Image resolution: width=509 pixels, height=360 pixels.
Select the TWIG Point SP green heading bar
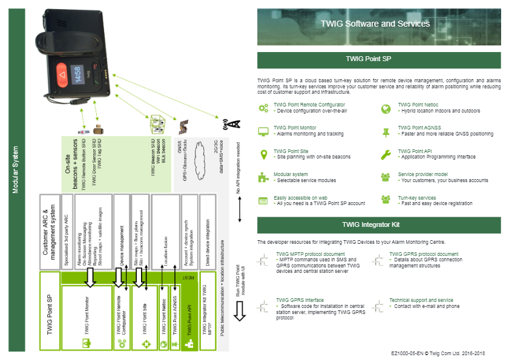379,60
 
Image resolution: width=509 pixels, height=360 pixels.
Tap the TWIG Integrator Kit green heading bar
379,224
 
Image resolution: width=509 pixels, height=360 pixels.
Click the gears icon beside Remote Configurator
263,108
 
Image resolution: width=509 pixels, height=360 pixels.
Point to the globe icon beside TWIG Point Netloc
386,108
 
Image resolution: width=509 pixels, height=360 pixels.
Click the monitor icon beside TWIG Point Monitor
263,131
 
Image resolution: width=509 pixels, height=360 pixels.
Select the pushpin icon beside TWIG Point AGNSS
386,132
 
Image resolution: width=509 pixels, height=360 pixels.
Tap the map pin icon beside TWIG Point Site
263,155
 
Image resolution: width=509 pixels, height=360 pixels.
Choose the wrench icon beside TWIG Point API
386,155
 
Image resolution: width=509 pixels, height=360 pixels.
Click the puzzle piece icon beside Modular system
263,178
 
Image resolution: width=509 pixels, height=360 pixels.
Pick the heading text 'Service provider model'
422,174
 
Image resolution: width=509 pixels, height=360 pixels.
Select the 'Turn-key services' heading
417,198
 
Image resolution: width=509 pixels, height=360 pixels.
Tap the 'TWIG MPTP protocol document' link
310,254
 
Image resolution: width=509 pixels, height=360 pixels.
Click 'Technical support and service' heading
421,300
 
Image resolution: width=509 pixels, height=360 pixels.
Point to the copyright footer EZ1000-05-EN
438,353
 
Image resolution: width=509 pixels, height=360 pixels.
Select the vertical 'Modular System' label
17,170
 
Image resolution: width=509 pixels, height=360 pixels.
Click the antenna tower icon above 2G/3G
232,123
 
